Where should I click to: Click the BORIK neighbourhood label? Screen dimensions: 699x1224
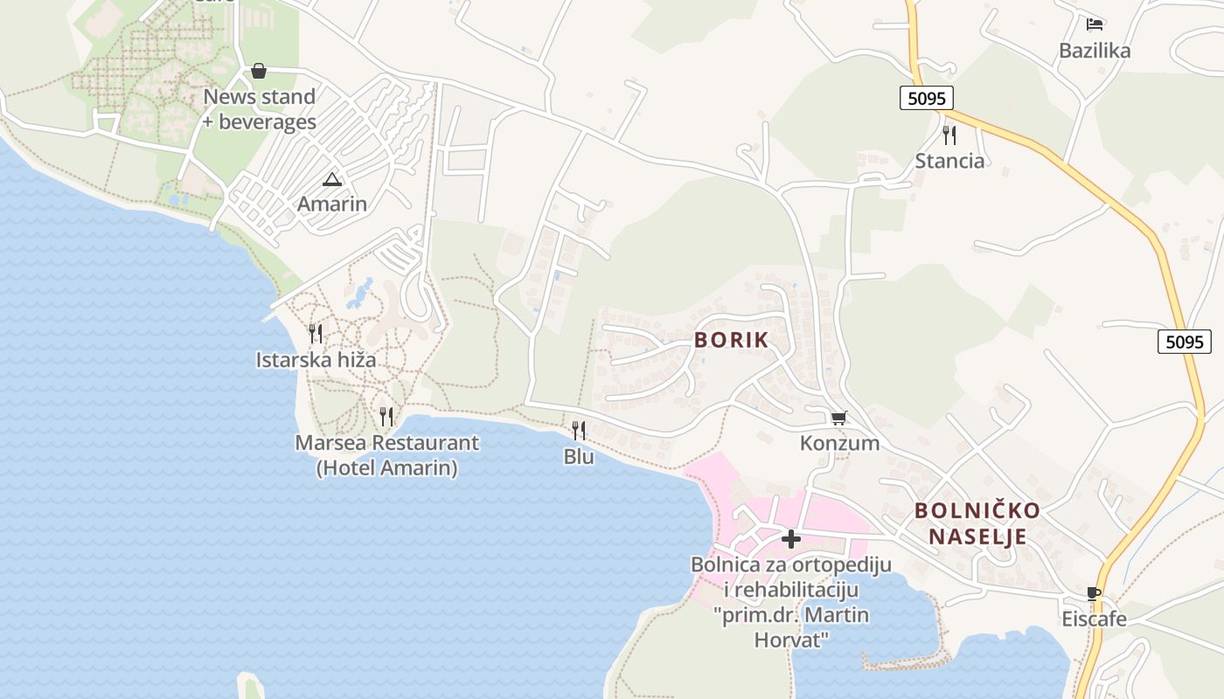(732, 340)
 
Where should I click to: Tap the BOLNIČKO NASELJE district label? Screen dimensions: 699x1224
(977, 523)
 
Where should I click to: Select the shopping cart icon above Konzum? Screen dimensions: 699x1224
(839, 419)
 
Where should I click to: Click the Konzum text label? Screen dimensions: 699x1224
(839, 443)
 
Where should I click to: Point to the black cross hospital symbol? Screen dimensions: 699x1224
(791, 539)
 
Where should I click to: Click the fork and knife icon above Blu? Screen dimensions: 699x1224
(578, 430)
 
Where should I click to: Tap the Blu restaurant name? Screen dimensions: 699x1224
(579, 456)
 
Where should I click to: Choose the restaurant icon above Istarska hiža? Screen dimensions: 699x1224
(316, 333)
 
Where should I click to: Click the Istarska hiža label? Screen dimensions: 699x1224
(316, 359)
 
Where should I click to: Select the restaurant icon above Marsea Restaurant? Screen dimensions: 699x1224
(386, 416)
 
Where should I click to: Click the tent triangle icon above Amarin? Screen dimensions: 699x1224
(331, 180)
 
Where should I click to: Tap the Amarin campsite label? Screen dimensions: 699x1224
(332, 204)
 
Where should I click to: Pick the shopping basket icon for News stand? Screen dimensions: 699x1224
(259, 71)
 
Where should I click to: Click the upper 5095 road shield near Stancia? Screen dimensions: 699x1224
(926, 98)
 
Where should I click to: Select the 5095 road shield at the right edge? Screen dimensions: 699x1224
(1185, 342)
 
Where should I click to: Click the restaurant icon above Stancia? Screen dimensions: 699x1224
(949, 135)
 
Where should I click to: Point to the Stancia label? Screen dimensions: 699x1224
(949, 161)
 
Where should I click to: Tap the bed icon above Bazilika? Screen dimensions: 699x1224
(1095, 24)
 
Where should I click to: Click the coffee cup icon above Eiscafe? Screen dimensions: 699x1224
(1094, 594)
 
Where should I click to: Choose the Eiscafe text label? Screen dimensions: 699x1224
(1094, 619)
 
